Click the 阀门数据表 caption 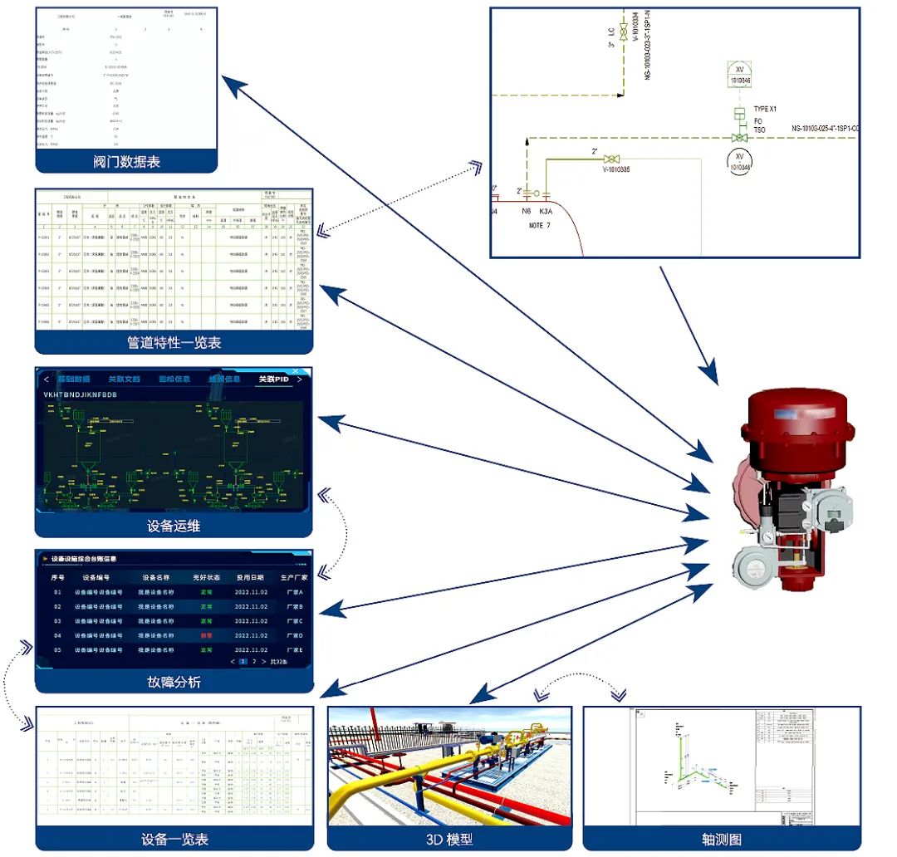pos(126,162)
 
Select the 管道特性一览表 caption pos(174,342)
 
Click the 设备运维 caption pos(174,526)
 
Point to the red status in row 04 pos(205,635)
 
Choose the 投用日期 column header pos(249,577)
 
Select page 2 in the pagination pos(254,662)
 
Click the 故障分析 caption pos(174,682)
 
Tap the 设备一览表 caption pos(174,840)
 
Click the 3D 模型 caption pos(449,840)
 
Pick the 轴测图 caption pos(721,840)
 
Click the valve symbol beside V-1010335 pos(611,159)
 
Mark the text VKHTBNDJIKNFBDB pos(81,394)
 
